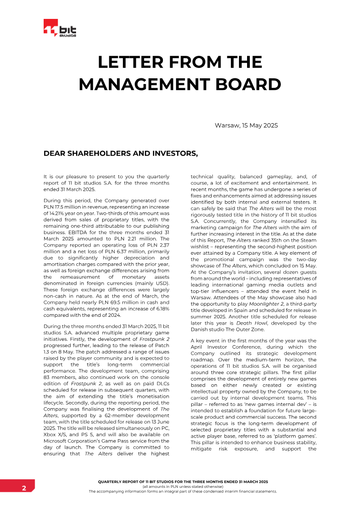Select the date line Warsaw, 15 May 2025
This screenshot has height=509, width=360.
tap(246, 125)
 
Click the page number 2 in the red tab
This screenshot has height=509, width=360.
tap(24, 488)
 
